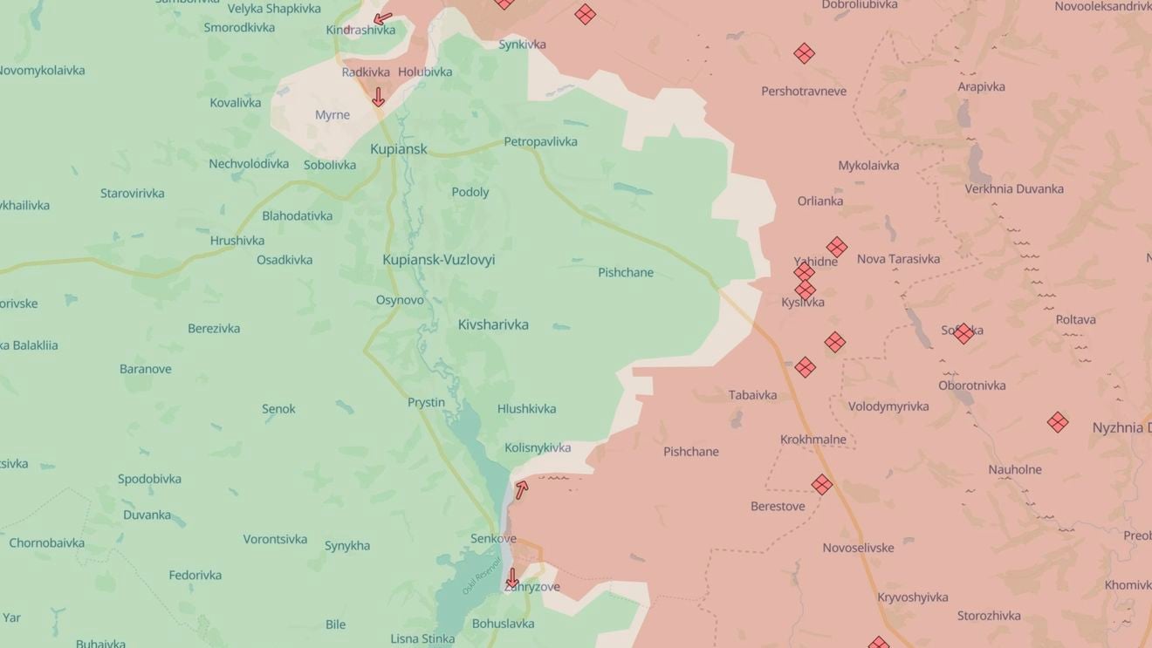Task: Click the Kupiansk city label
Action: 398,149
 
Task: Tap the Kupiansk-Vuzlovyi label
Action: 438,260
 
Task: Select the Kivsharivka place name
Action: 493,324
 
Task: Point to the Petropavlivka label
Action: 540,141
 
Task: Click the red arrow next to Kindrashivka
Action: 382,18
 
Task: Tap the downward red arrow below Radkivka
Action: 378,97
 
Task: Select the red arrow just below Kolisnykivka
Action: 521,490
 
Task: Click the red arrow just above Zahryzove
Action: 512,578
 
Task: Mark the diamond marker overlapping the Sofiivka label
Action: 963,333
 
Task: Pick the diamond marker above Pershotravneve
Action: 804,53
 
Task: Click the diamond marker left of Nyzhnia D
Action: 1058,422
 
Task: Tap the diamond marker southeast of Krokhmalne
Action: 821,484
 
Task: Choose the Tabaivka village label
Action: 752,395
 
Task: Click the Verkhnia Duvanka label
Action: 1014,188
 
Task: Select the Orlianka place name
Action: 819,201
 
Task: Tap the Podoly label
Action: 470,192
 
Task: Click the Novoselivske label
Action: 858,548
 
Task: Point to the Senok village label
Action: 278,408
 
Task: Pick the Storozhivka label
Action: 989,616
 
